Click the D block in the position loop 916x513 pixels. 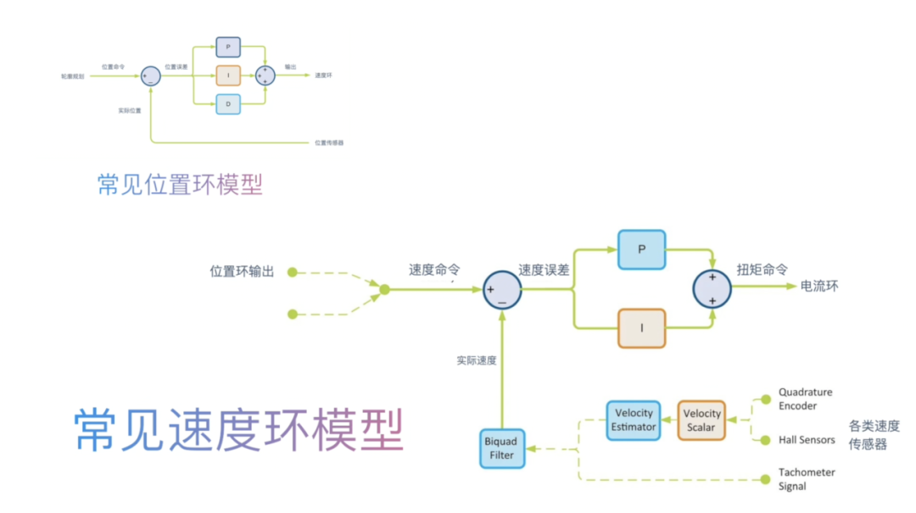pos(228,104)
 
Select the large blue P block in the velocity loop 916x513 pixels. pos(641,249)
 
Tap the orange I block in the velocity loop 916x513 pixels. pos(642,328)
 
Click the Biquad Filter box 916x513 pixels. pos(500,449)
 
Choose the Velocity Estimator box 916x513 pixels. pos(634,420)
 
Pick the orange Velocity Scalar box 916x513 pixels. pos(701,420)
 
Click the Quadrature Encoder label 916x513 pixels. pos(805,399)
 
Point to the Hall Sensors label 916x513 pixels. pos(807,440)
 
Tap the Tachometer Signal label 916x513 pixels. pos(807,479)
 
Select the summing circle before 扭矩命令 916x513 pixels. pos(712,288)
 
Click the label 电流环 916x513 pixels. pos(819,287)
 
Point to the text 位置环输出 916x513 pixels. pos(243,272)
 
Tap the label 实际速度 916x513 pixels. pos(476,360)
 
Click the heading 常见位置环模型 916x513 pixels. pos(180,184)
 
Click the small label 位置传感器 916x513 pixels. pos(329,142)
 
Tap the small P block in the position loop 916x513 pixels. pos(228,47)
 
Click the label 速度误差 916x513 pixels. pos(544,270)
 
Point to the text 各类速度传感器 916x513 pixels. pos(874,434)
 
